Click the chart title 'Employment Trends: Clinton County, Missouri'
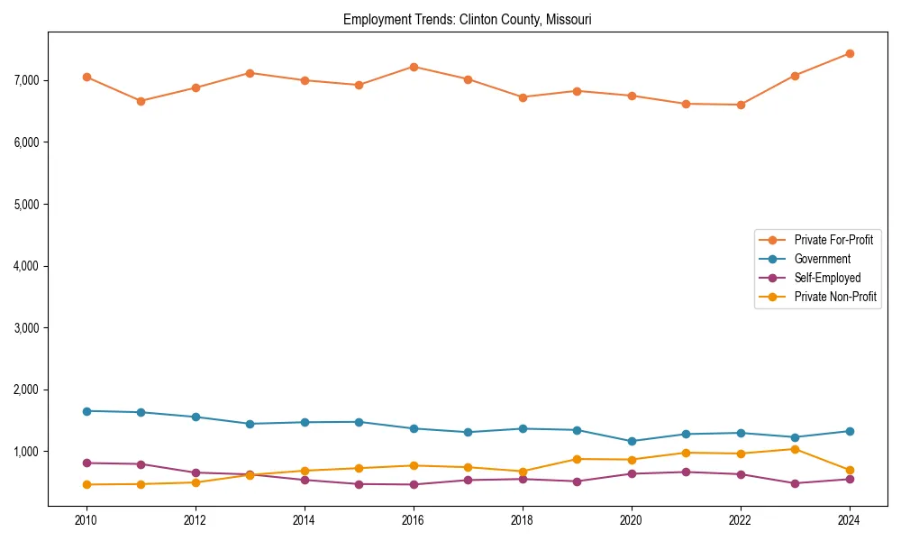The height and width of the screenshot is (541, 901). [467, 19]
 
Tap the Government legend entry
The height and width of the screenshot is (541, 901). [822, 259]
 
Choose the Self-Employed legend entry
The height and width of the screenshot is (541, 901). [827, 278]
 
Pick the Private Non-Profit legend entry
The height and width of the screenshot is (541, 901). [835, 297]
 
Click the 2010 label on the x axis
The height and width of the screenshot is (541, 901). [86, 520]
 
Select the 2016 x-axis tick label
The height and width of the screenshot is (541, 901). [413, 520]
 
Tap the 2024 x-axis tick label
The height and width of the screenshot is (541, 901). [849, 520]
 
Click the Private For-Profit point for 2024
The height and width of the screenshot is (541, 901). [849, 53]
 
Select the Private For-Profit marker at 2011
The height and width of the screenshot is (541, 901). [141, 101]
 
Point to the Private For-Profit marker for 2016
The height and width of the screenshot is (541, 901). [413, 67]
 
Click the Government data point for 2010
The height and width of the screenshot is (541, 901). [86, 411]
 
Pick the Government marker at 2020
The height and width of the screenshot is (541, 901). [631, 441]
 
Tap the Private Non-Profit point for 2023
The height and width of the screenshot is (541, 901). [795, 449]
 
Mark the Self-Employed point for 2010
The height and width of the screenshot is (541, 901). [86, 463]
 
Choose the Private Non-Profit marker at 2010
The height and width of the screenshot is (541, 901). [86, 484]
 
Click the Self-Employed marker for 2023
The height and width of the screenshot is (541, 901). [795, 483]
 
